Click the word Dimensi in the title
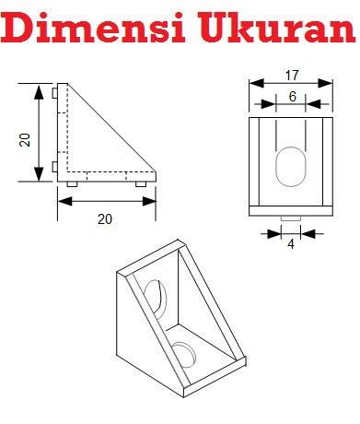point(93,27)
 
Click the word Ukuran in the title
point(276,28)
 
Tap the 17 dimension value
point(292,76)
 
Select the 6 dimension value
point(292,97)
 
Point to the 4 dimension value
point(291,244)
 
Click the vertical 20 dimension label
point(25,140)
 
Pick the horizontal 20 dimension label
point(105,219)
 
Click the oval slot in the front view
point(291,167)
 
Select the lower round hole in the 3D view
point(183,354)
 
